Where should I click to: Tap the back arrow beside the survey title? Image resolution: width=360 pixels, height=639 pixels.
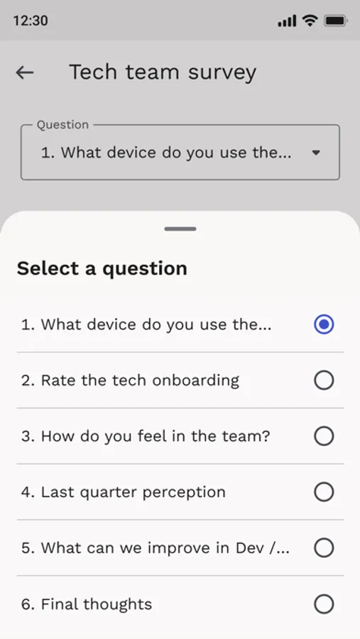click(x=25, y=72)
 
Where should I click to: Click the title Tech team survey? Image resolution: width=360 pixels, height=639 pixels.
click(x=163, y=72)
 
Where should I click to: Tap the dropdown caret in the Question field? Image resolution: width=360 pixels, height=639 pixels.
click(x=317, y=153)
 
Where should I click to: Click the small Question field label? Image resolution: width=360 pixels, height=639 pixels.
click(x=62, y=125)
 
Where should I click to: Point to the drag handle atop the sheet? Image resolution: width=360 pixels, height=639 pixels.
click(x=180, y=229)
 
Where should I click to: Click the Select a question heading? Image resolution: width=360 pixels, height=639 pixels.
click(x=102, y=268)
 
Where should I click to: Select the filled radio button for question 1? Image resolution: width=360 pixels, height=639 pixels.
click(x=324, y=324)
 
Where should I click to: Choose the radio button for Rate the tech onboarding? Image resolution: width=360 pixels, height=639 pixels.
click(x=324, y=381)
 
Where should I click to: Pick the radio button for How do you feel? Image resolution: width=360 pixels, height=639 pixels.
click(x=324, y=436)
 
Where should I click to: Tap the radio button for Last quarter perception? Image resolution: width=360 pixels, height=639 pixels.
click(x=324, y=492)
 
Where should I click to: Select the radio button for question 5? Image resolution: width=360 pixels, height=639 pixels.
click(x=324, y=548)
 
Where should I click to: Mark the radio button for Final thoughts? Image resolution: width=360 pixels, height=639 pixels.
click(x=324, y=604)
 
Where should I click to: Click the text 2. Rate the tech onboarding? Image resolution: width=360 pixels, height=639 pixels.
click(x=130, y=381)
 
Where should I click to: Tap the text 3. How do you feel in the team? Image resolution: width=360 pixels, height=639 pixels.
click(x=146, y=436)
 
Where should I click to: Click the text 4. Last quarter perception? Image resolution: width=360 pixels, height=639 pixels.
click(x=123, y=492)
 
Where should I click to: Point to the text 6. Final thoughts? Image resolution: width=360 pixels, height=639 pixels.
click(x=87, y=604)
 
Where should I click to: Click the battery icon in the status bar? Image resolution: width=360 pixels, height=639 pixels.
click(x=335, y=21)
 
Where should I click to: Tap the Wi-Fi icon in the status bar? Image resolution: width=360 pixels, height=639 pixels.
click(x=310, y=21)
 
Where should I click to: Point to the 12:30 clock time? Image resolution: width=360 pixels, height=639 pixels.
click(x=31, y=21)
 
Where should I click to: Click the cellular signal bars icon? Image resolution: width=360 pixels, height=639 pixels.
click(x=287, y=21)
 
